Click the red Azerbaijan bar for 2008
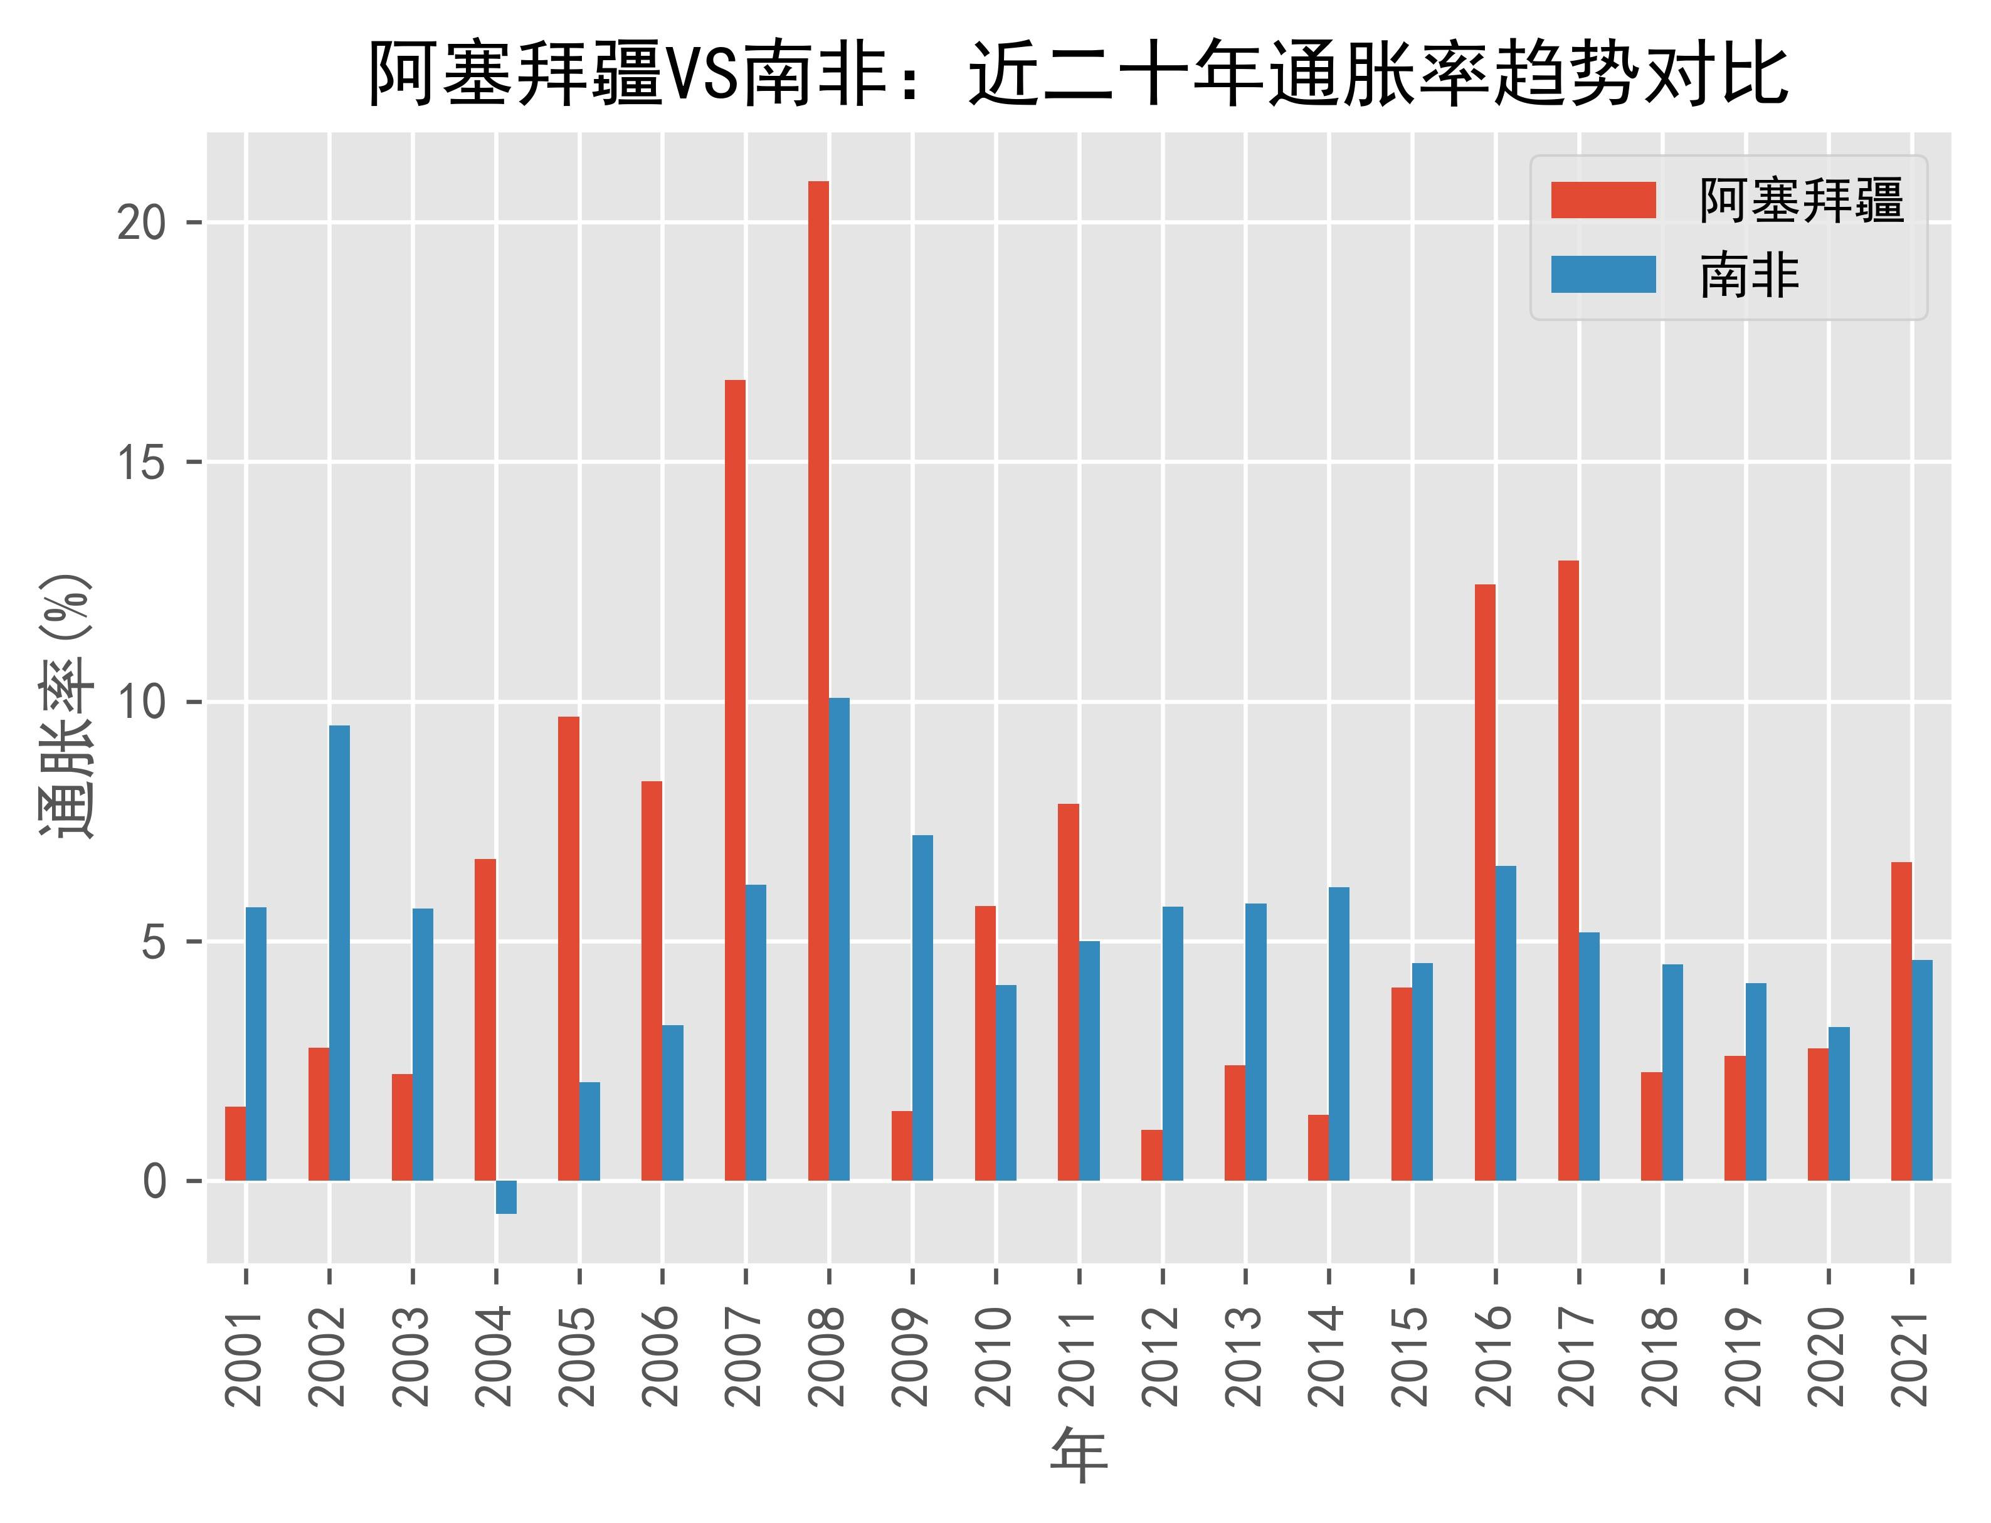818,680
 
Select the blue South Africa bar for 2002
339,952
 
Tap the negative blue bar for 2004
506,1196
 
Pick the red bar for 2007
734,779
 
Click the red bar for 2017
1568,870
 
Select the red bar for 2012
1151,1154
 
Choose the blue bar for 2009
922,1007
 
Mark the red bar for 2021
1901,1021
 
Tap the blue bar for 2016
1506,1023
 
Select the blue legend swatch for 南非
1603,275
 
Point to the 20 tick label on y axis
142,223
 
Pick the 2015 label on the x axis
1412,1356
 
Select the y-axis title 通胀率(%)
65,707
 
